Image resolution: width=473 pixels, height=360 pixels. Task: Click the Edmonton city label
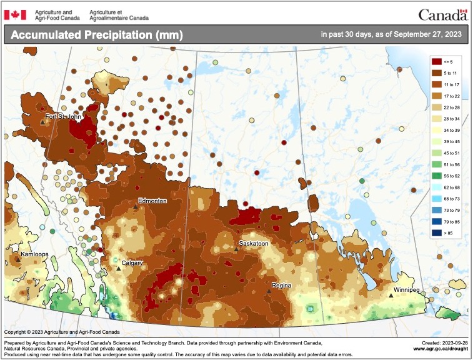(x=152, y=201)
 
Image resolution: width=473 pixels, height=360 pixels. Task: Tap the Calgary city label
(x=132, y=263)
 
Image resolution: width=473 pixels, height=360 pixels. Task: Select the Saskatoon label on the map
(x=254, y=243)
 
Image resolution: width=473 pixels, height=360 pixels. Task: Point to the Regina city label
(x=282, y=286)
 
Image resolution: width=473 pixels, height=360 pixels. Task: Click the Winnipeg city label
(x=407, y=290)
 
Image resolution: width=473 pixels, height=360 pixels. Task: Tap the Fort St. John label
(x=62, y=116)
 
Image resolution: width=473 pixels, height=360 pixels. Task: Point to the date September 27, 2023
(x=425, y=34)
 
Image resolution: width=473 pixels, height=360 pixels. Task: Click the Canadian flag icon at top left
(x=15, y=14)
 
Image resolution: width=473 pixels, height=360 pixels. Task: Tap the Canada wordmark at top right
(x=442, y=14)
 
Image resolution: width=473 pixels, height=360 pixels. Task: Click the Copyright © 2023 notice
(x=60, y=332)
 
